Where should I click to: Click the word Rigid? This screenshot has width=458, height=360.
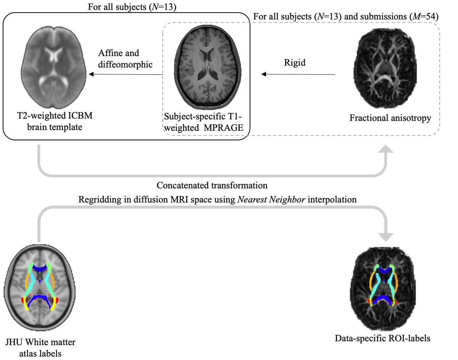[x=295, y=63]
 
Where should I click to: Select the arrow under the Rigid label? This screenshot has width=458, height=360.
[x=298, y=74]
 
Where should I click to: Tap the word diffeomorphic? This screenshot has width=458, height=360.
[x=125, y=64]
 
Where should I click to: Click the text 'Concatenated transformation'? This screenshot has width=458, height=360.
[x=212, y=185]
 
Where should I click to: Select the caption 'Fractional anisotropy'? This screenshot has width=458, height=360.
[x=390, y=118]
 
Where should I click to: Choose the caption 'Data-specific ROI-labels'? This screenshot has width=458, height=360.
[x=383, y=338]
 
